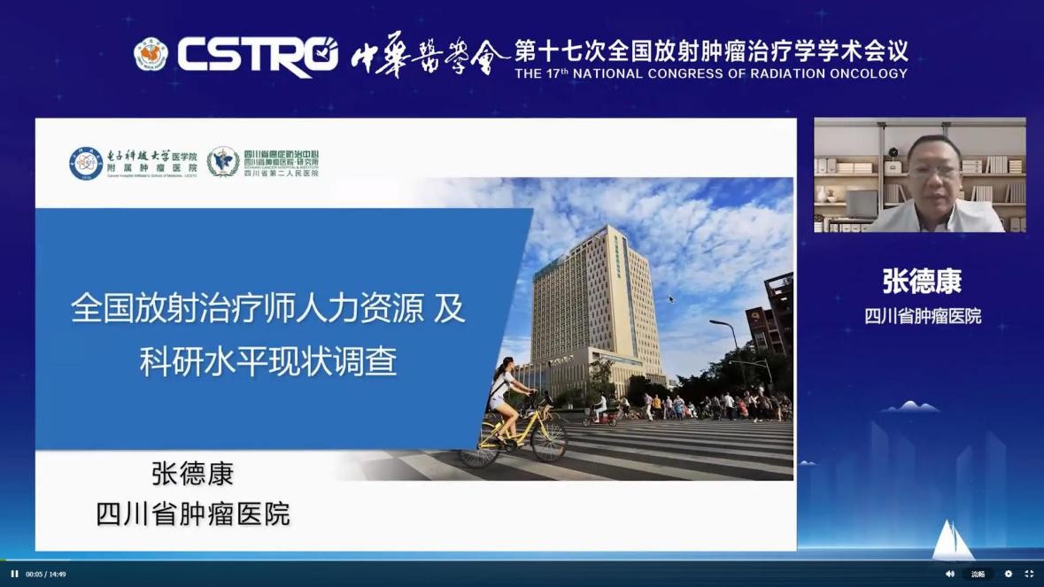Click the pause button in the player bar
14,574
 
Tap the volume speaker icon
950,574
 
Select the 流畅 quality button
978,574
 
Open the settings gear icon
1008,574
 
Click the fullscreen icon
1029,574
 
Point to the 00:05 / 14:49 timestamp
45,574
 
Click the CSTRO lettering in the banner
257,54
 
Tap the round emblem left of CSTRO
151,54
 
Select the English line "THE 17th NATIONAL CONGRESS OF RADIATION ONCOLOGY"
711,73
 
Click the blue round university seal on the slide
86,163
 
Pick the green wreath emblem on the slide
223,162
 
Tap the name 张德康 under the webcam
922,282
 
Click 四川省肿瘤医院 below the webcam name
922,316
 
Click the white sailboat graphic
953,539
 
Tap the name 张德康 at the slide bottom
192,474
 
